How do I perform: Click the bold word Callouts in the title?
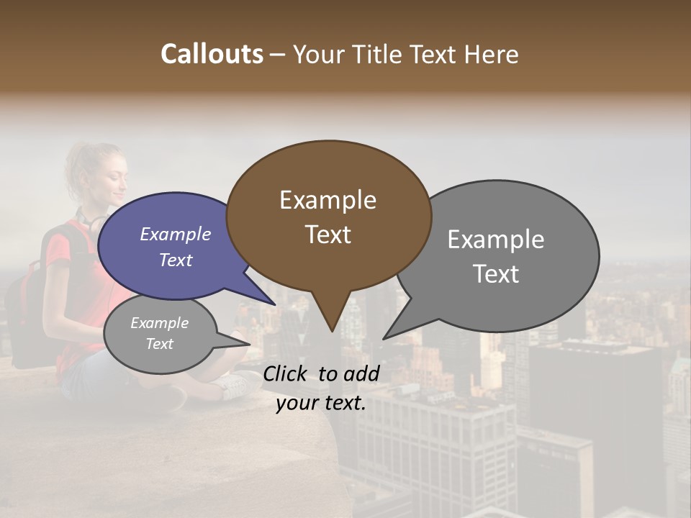pos(212,55)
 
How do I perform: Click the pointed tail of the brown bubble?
pos(331,328)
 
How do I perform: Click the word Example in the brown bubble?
pos(328,200)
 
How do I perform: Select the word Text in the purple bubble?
pos(175,260)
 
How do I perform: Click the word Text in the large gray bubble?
pos(496,274)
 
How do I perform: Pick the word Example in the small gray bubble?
pos(159,323)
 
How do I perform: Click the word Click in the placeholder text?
pos(286,373)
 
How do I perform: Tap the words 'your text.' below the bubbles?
pos(320,403)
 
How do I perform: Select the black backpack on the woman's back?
pos(29,302)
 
